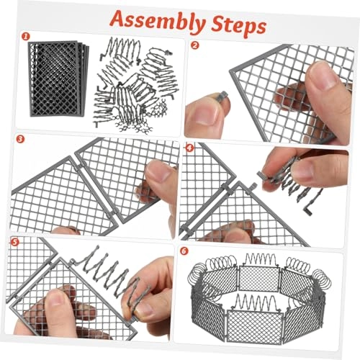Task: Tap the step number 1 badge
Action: pos(25,35)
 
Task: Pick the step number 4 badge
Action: pos(189,149)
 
